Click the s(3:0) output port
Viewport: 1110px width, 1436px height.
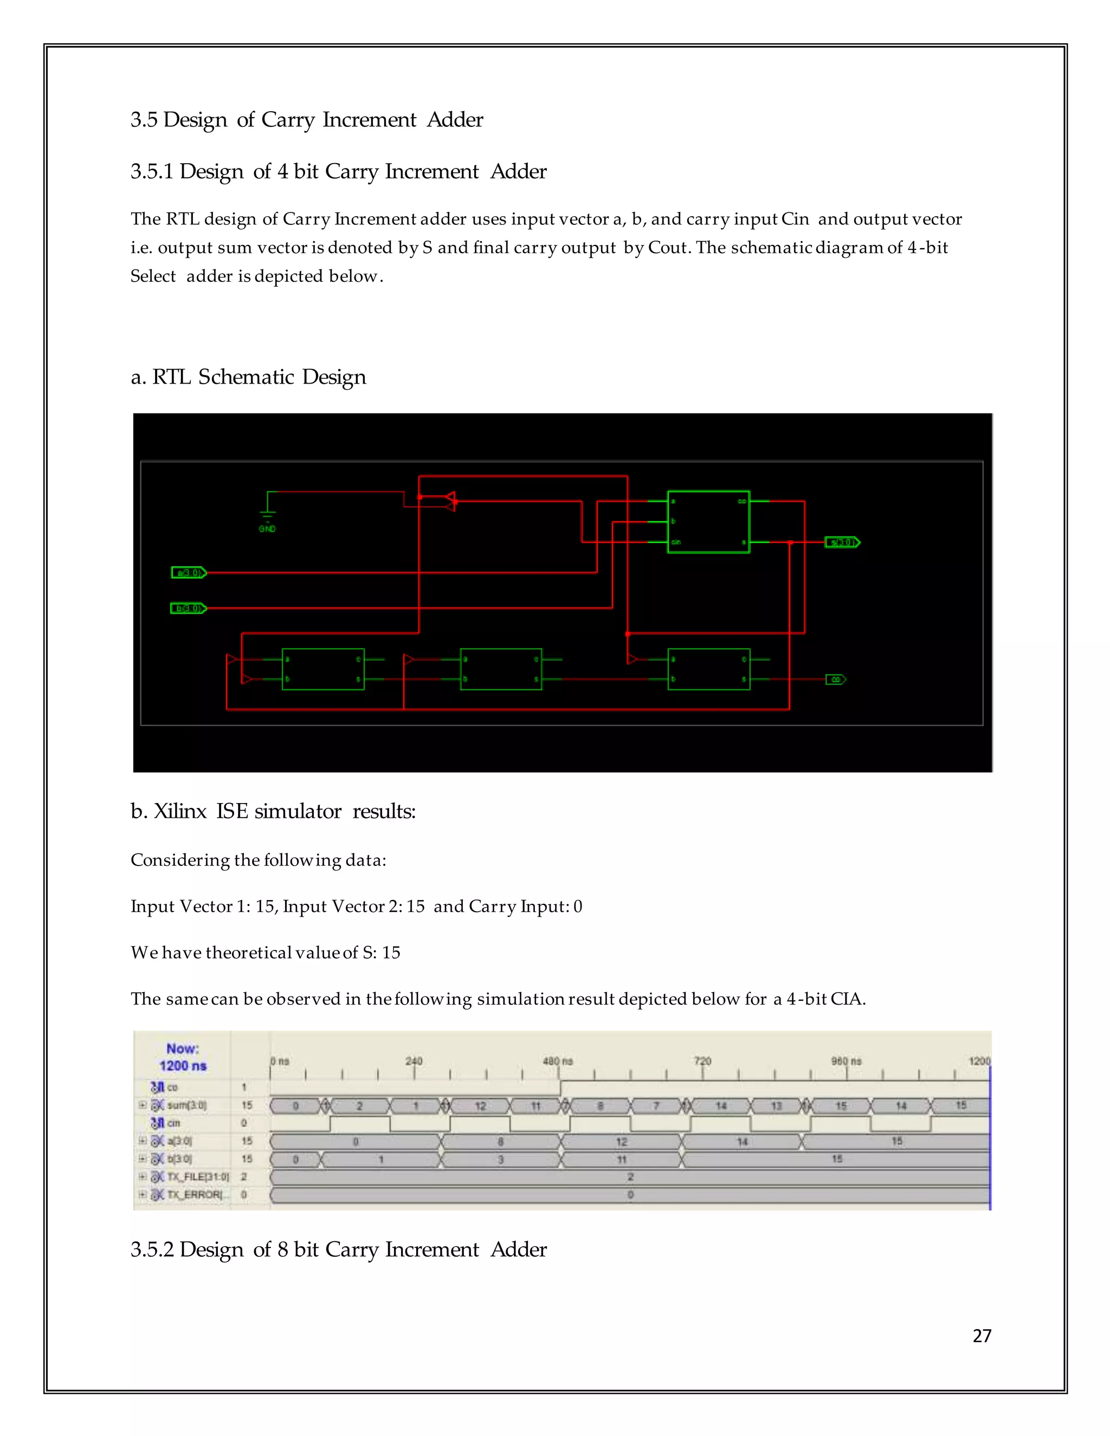(x=842, y=542)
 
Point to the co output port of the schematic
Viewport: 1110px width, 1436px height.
(x=835, y=679)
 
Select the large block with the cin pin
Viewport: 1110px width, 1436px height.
(x=708, y=522)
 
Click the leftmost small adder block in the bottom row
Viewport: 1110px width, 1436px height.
(x=323, y=669)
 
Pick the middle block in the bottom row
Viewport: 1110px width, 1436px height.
(x=501, y=669)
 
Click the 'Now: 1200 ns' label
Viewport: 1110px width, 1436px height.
(x=182, y=1057)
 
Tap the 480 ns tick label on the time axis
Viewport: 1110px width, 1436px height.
(x=558, y=1061)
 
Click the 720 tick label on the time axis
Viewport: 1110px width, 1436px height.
(x=702, y=1061)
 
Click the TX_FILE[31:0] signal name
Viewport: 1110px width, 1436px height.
(x=197, y=1177)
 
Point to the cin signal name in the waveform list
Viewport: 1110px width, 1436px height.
(x=173, y=1124)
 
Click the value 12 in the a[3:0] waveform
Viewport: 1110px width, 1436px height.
(x=622, y=1142)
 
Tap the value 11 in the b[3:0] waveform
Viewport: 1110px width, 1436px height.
(x=622, y=1160)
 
